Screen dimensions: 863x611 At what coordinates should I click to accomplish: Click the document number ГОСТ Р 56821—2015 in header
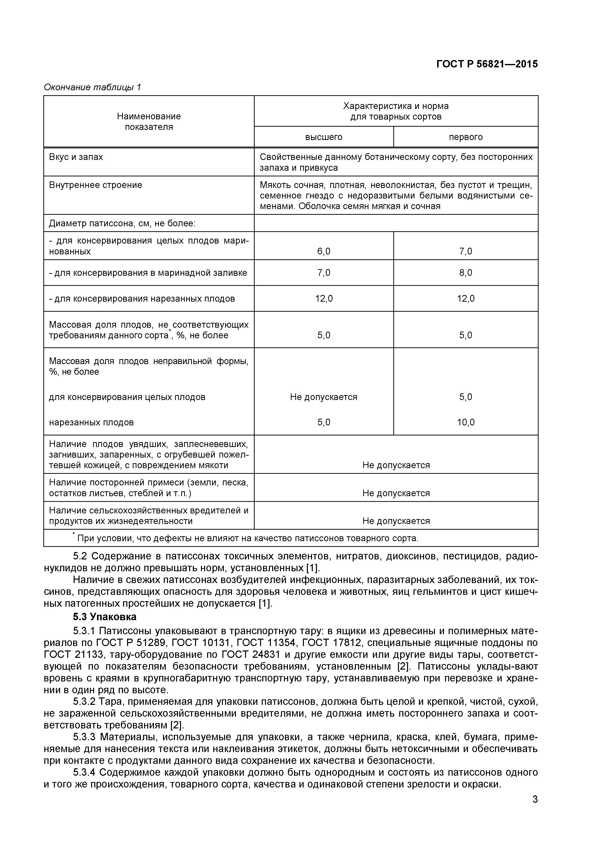point(487,64)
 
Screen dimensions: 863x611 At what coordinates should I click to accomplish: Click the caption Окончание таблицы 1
point(92,88)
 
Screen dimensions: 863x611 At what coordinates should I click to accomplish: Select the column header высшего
point(324,137)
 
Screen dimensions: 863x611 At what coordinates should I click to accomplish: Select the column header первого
point(465,137)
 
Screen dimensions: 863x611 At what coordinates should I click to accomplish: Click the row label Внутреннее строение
point(96,185)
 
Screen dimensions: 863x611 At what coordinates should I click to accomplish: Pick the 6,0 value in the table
point(324,251)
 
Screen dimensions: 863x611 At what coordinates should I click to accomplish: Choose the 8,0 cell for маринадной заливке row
point(465,273)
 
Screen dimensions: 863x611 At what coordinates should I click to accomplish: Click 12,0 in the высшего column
point(324,298)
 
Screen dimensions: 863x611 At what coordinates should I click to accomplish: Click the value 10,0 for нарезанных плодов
point(465,422)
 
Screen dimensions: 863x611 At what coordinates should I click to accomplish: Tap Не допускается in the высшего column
point(324,397)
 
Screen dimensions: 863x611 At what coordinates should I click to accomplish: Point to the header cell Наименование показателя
point(149,122)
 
